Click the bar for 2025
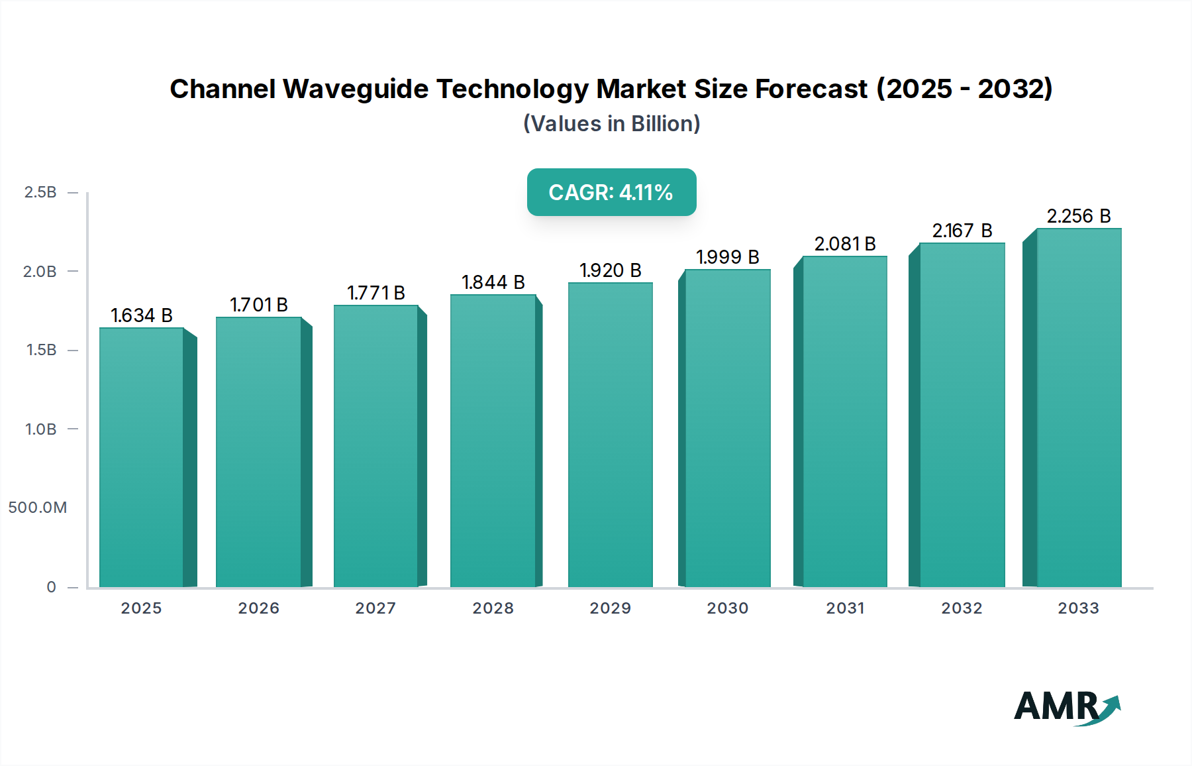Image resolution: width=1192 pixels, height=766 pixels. (x=141, y=457)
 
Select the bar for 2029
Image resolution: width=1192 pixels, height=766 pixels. (x=610, y=435)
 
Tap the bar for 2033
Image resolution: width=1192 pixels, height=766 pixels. (x=1079, y=408)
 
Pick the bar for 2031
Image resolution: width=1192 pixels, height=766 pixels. (x=844, y=421)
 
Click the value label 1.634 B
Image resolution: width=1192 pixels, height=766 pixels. (x=141, y=315)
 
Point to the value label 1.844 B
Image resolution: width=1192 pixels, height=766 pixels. (x=493, y=282)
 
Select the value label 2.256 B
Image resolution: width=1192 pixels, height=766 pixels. (x=1078, y=216)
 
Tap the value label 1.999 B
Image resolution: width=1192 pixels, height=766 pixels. (x=727, y=257)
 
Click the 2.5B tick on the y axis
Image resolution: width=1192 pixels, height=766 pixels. (x=40, y=192)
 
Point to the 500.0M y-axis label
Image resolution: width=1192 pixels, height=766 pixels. (x=38, y=508)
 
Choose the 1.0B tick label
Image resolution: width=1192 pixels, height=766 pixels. (x=40, y=429)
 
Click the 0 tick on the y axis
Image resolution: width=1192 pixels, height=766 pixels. (x=51, y=587)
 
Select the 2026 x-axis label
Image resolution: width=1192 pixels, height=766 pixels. (x=258, y=608)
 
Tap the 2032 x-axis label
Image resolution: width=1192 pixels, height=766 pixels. (x=962, y=608)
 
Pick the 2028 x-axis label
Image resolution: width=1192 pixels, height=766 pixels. (x=493, y=608)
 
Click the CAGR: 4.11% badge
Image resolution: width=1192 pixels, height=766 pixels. (x=611, y=192)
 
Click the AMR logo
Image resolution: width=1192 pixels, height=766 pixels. (x=1066, y=707)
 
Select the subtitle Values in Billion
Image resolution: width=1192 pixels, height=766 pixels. (x=611, y=124)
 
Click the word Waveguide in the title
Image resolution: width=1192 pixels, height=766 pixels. (x=356, y=89)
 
